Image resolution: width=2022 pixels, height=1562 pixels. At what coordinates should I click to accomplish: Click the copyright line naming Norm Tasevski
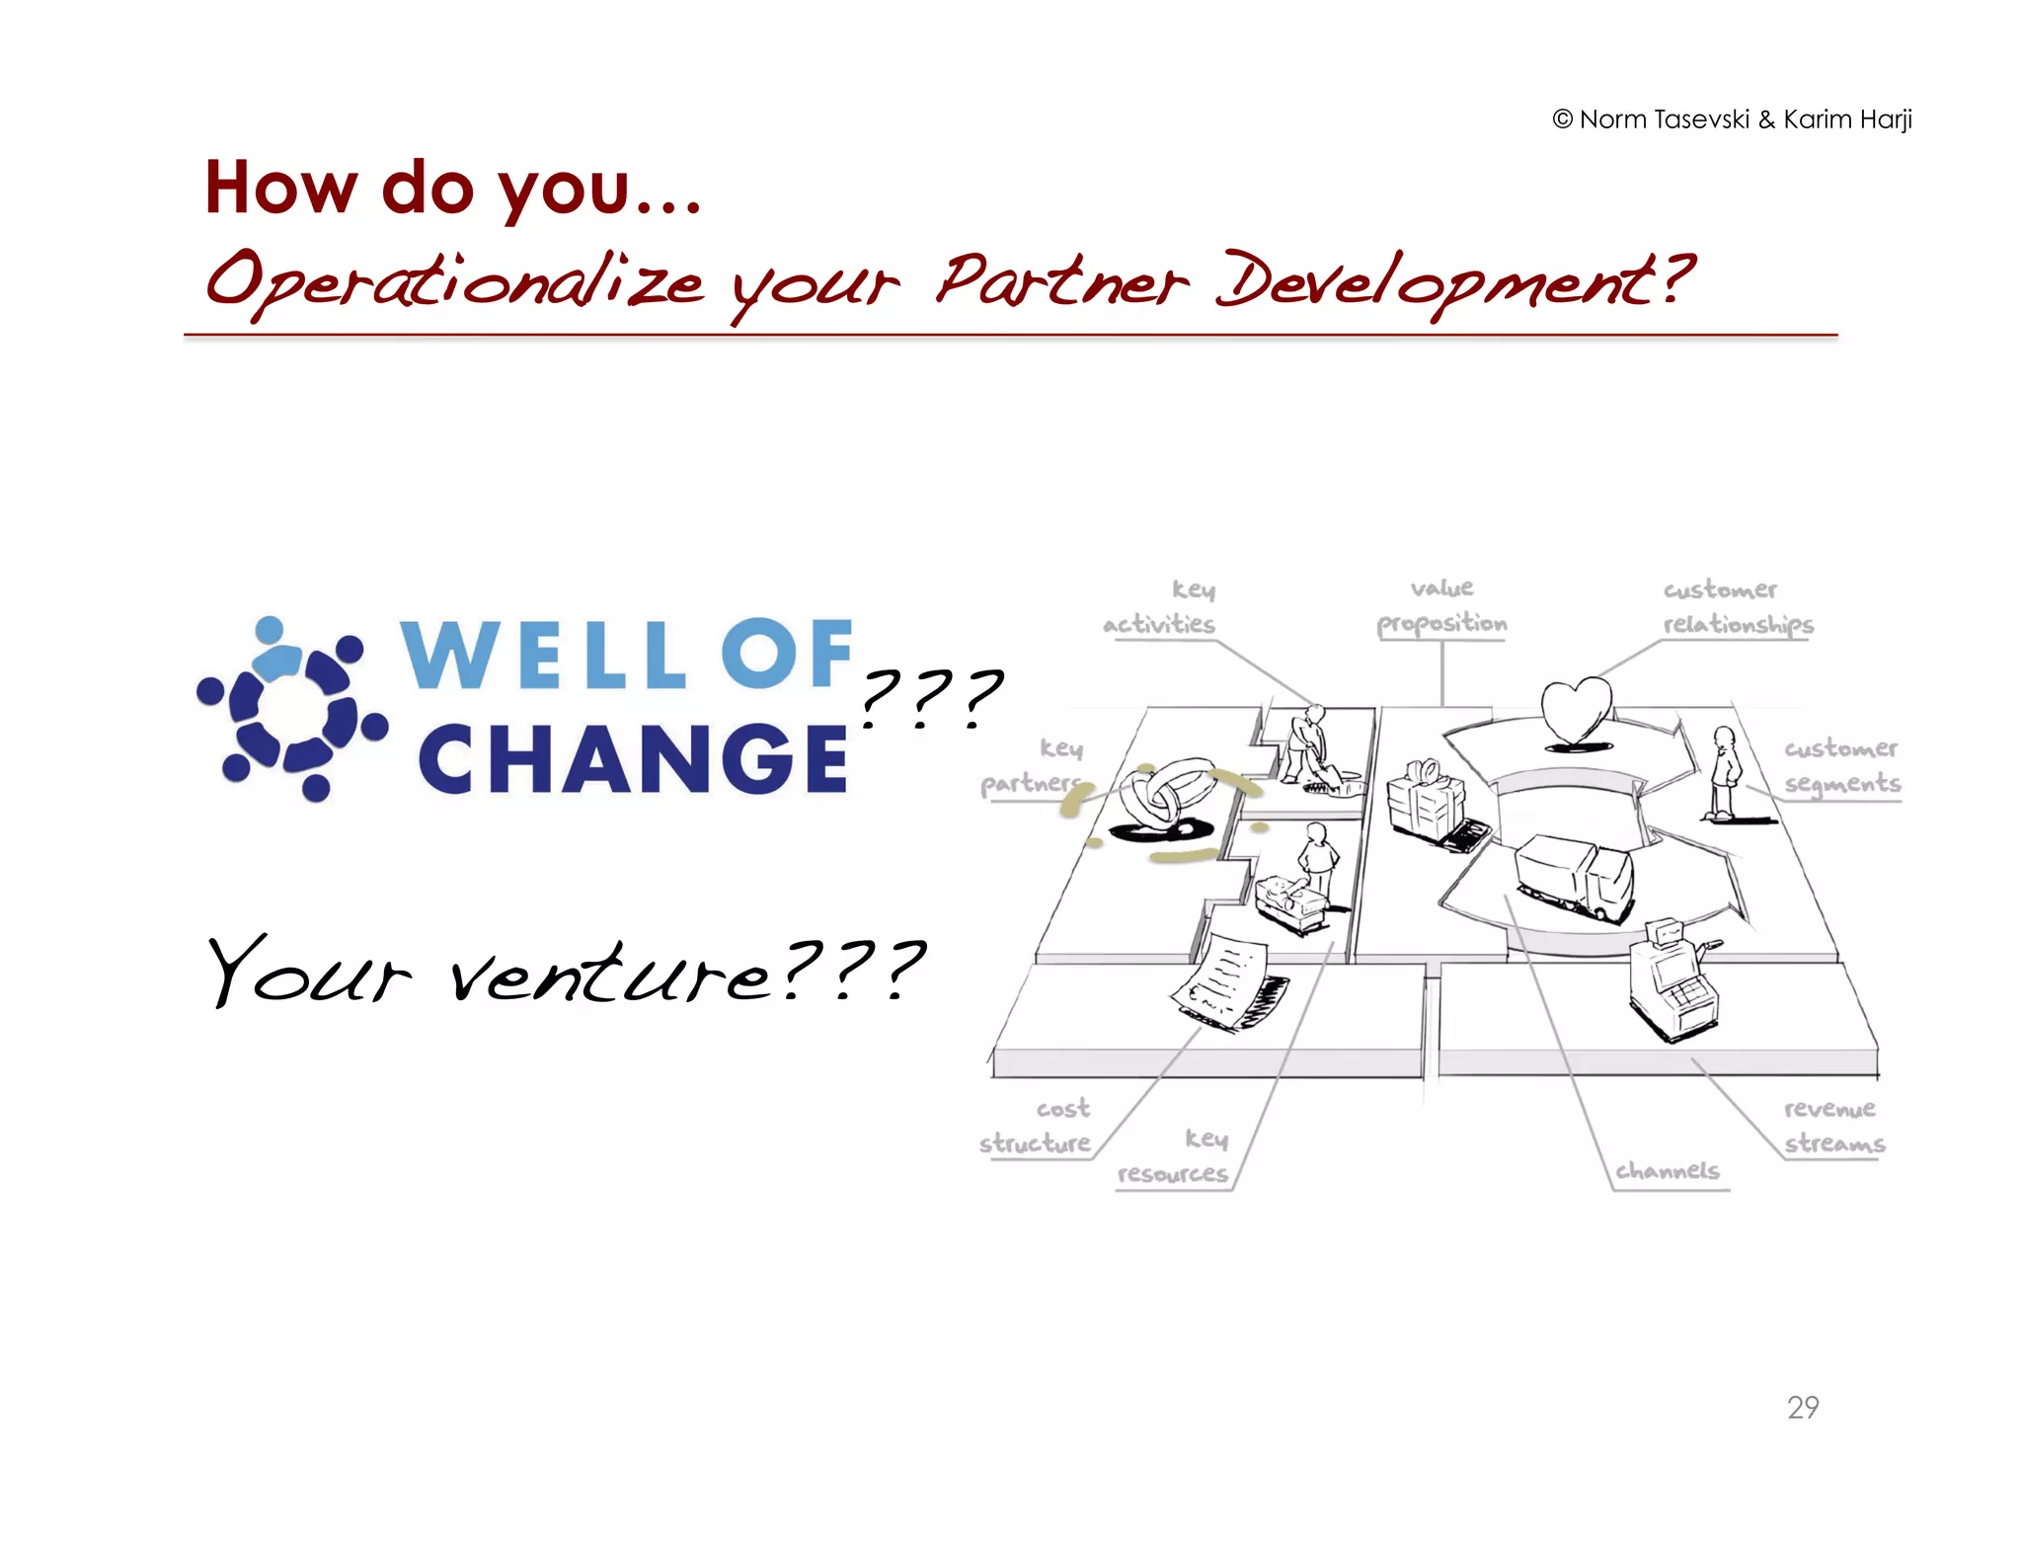(1732, 119)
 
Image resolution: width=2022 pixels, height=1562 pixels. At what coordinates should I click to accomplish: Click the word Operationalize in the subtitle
(454, 282)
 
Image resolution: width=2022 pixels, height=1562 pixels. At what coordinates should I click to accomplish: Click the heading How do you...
(451, 188)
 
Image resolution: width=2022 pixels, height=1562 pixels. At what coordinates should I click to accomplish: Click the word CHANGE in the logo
(632, 759)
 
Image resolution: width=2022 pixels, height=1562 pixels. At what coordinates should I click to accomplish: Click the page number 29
(1802, 1406)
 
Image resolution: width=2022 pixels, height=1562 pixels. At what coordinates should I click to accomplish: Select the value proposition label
(1442, 606)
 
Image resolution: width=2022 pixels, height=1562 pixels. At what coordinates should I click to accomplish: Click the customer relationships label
(1737, 607)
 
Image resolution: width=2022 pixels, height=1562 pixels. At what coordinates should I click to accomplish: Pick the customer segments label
(1840, 765)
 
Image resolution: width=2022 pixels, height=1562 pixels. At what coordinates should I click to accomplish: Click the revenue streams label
(1833, 1126)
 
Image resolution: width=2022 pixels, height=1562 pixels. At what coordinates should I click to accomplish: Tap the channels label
(1668, 1170)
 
